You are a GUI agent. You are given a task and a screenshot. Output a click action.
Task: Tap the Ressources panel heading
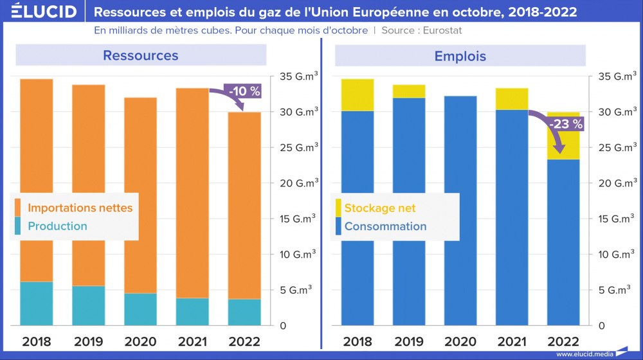click(x=140, y=55)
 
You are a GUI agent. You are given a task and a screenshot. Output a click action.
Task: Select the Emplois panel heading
click(x=460, y=56)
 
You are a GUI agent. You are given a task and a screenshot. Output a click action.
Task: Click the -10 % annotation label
click(x=244, y=91)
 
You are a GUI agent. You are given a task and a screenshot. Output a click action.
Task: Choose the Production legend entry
click(x=57, y=226)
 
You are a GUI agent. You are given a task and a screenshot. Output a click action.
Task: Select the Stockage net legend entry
click(x=379, y=208)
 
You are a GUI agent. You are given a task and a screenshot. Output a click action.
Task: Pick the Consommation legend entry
click(x=385, y=226)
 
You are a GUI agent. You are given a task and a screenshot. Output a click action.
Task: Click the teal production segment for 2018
click(x=36, y=303)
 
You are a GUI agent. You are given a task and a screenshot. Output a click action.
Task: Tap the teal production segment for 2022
click(x=244, y=312)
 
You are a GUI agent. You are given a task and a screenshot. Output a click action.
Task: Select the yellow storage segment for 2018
click(x=358, y=95)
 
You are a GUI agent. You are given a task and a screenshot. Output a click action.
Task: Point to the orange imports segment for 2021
click(x=192, y=193)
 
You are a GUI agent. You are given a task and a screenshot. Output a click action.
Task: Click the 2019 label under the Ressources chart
click(x=88, y=341)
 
